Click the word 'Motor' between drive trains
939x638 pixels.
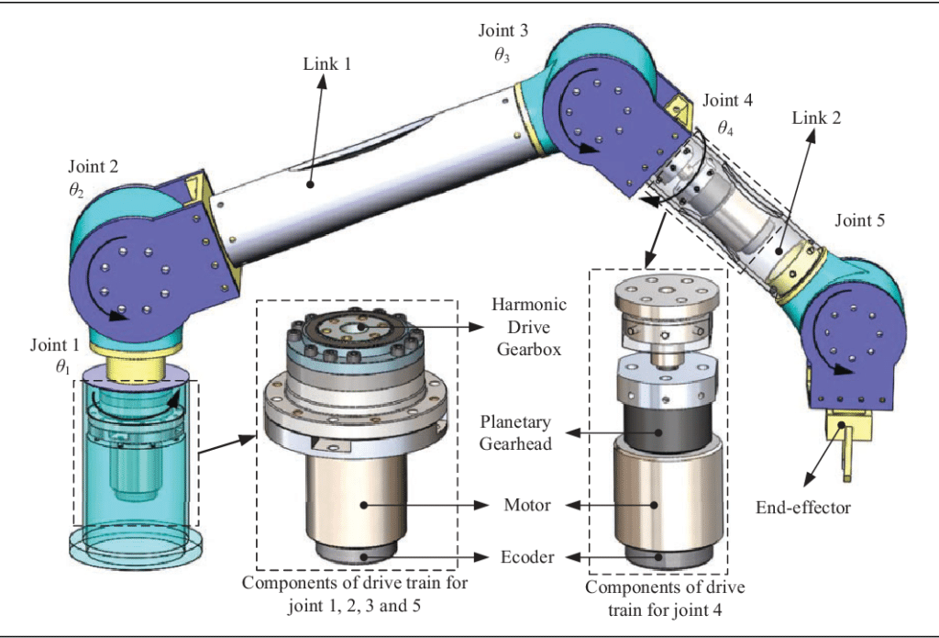(x=526, y=505)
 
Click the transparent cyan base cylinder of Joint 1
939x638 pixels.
(x=134, y=459)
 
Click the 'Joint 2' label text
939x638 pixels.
(x=93, y=167)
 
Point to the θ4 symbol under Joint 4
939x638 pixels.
(x=724, y=127)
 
